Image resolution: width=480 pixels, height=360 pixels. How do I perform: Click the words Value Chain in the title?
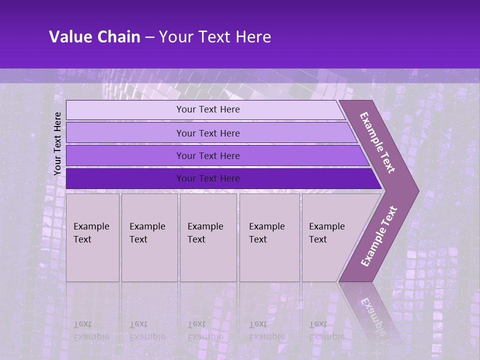[x=94, y=37]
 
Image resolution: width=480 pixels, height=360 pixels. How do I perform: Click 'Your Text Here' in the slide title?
[x=215, y=37]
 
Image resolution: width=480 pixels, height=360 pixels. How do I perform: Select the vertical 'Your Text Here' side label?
[x=57, y=143]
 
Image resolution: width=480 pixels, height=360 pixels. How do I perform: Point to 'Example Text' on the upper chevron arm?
[x=377, y=142]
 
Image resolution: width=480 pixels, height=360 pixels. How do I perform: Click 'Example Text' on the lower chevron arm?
[x=378, y=236]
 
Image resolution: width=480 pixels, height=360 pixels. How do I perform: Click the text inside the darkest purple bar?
[x=208, y=178]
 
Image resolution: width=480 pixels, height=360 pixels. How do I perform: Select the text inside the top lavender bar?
[x=208, y=109]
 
